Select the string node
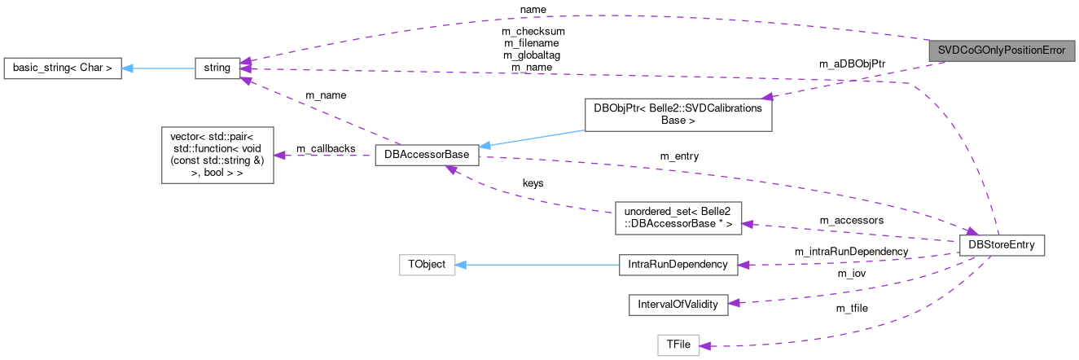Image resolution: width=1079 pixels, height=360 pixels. pyautogui.click(x=217, y=68)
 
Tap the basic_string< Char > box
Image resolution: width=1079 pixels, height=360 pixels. pyautogui.click(x=63, y=68)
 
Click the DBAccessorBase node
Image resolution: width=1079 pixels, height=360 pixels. pyautogui.click(x=427, y=156)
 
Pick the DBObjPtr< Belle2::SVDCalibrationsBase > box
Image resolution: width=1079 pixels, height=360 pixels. pyautogui.click(x=678, y=115)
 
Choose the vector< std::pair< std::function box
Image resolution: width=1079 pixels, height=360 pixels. pyautogui.click(x=217, y=154)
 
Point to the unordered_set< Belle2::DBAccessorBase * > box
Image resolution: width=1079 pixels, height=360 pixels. pyautogui.click(x=678, y=218)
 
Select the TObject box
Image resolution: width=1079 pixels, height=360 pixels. pyautogui.click(x=427, y=265)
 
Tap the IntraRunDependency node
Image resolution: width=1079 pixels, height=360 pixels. pyautogui.click(x=678, y=265)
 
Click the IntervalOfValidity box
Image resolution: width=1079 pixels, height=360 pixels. pyautogui.click(x=678, y=304)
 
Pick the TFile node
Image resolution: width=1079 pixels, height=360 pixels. pyautogui.click(x=678, y=345)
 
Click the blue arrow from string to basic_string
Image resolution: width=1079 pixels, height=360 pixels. pyautogui.click(x=159, y=68)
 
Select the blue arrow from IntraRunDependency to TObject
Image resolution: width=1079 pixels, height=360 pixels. pyautogui.click(x=537, y=265)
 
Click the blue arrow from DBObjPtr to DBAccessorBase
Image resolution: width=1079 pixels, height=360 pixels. pyautogui.click(x=529, y=136)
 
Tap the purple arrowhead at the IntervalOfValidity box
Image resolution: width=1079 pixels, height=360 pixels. pyautogui.click(x=733, y=303)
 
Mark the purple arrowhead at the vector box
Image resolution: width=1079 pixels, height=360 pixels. pyautogui.click(x=279, y=155)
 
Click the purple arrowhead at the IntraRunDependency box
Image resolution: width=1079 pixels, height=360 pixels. pyautogui.click(x=743, y=264)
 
